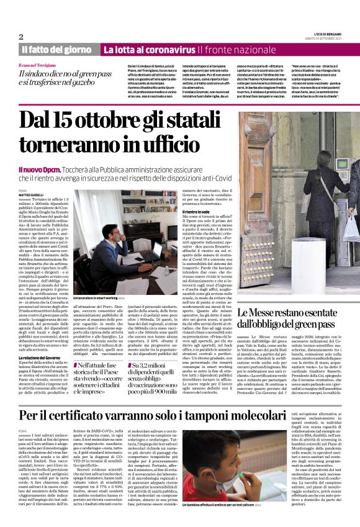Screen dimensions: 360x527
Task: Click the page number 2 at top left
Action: point(21,37)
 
